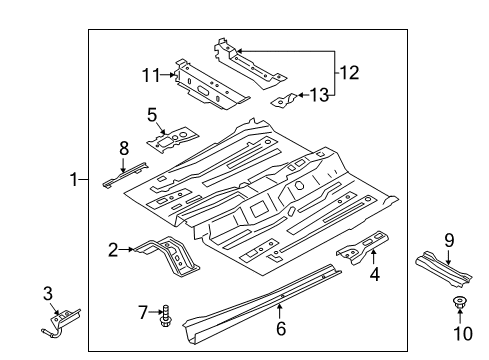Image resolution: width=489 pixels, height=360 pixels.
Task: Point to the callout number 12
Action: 348,72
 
